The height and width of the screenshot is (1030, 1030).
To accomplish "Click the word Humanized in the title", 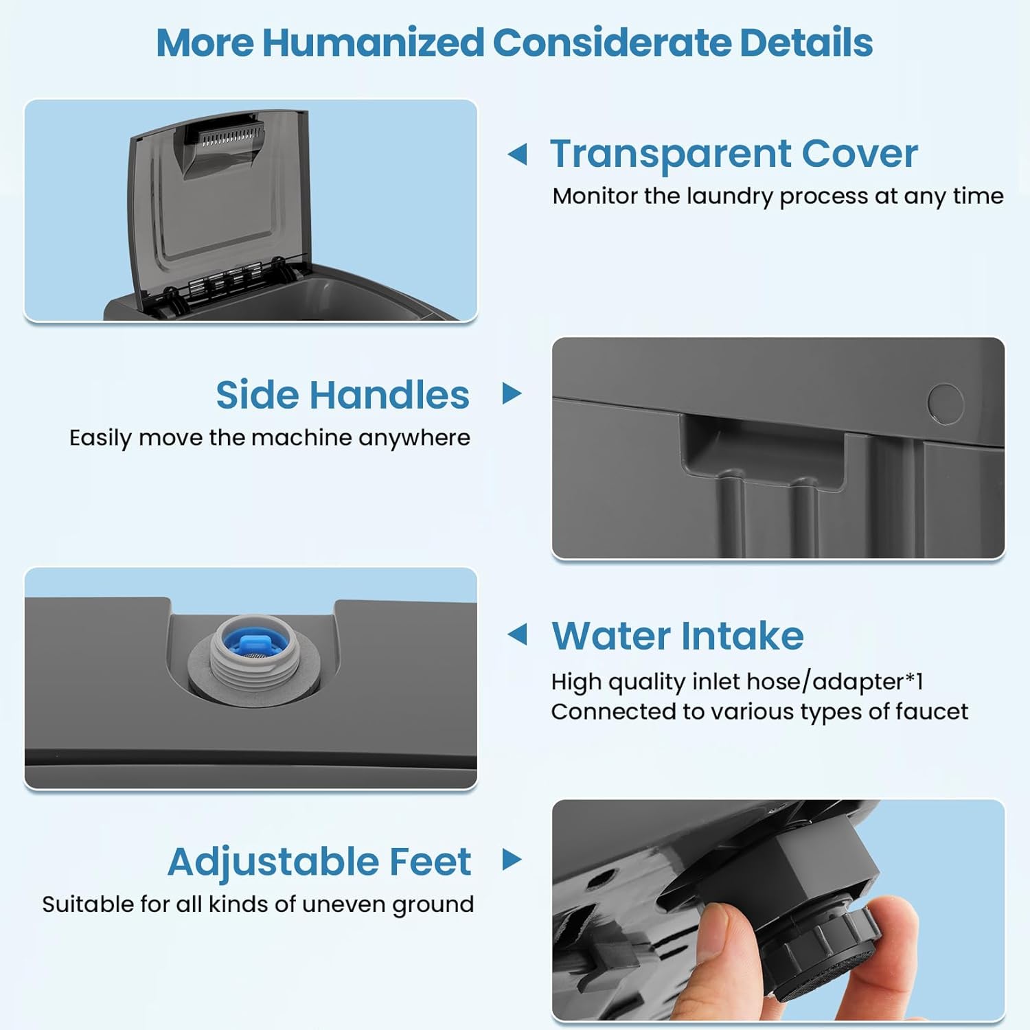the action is (x=374, y=43).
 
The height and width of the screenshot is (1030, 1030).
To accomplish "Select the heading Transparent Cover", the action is (x=734, y=154).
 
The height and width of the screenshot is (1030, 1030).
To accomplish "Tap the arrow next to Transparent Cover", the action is (x=517, y=154).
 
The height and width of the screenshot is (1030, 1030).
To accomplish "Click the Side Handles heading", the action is (x=343, y=395).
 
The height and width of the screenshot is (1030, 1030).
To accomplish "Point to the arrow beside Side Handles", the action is (x=512, y=393).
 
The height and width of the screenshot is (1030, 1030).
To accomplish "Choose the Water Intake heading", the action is (x=678, y=635).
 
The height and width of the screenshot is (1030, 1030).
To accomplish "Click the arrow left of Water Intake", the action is (x=517, y=634).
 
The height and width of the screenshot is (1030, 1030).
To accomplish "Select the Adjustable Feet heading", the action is (x=319, y=862).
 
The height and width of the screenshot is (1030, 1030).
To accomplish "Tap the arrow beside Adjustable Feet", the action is (x=512, y=859).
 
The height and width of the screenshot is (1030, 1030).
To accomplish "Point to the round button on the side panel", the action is (x=946, y=404).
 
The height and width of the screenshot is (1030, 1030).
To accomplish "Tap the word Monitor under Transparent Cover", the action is (x=595, y=196).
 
